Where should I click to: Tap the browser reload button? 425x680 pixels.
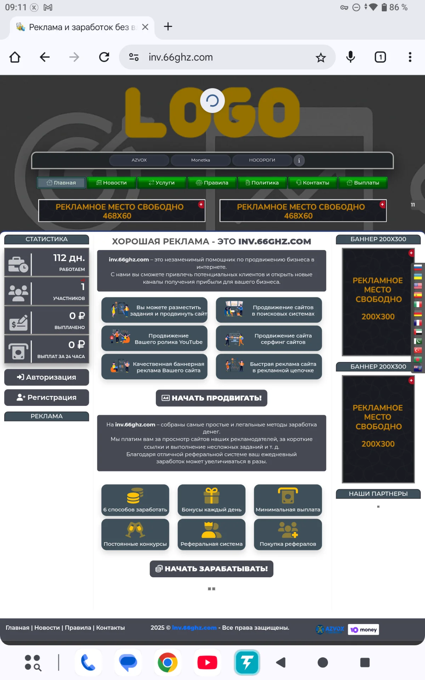click(104, 57)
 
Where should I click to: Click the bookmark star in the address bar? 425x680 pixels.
click(321, 57)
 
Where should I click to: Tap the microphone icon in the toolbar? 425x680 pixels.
click(351, 57)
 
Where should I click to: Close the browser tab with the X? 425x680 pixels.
click(145, 27)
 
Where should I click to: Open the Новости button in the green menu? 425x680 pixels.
click(112, 183)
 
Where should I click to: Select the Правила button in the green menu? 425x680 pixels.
click(212, 183)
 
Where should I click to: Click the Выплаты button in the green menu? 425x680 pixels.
click(363, 183)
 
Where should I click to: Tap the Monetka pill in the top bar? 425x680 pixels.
click(200, 160)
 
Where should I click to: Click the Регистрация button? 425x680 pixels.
click(46, 397)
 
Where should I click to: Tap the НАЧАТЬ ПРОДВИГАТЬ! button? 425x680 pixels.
click(211, 398)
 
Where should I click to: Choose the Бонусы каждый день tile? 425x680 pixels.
click(211, 500)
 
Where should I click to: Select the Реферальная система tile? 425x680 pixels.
click(211, 534)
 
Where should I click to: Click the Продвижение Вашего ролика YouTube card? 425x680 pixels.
click(154, 339)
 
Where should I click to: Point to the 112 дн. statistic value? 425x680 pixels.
click(69, 258)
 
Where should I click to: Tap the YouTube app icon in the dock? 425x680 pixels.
click(207, 662)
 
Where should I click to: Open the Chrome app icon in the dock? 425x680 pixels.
click(168, 662)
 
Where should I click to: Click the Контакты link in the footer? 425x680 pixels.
click(110, 628)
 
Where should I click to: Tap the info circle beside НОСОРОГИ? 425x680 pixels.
click(299, 160)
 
